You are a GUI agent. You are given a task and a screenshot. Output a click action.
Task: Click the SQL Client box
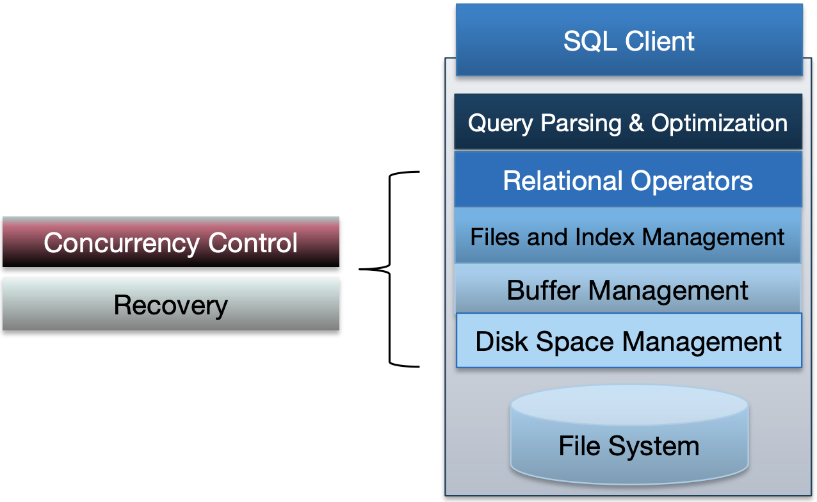click(x=629, y=40)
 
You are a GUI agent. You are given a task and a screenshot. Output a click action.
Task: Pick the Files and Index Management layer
click(x=627, y=238)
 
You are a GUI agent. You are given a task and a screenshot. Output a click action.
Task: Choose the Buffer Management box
click(x=627, y=290)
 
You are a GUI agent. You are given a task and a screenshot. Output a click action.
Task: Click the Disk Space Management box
click(x=628, y=341)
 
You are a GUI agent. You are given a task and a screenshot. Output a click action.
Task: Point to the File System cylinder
click(x=629, y=442)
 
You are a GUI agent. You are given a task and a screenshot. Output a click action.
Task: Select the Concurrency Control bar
click(x=170, y=243)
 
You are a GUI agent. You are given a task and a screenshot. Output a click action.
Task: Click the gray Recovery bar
click(x=170, y=305)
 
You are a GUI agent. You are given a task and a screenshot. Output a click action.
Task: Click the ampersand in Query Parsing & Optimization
click(x=636, y=122)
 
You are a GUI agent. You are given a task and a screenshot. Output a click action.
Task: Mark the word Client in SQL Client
click(x=660, y=41)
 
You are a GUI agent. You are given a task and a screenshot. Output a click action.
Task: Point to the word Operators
click(x=692, y=181)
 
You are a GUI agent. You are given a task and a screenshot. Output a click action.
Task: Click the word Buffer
click(x=544, y=290)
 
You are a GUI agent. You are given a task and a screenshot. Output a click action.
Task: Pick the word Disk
click(x=503, y=341)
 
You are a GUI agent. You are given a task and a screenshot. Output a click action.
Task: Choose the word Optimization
click(x=720, y=122)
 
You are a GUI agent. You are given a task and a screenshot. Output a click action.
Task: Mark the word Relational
click(x=562, y=181)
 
